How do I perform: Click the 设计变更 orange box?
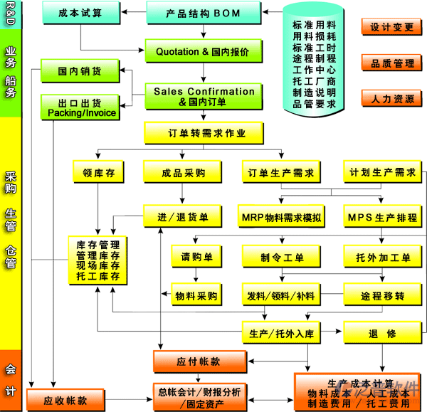coord(391,27)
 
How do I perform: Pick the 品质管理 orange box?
coord(391,63)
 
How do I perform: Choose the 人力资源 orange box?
coord(391,99)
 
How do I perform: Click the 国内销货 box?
coord(79,70)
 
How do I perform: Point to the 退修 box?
coord(382,332)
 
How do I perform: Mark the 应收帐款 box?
coord(65,401)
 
